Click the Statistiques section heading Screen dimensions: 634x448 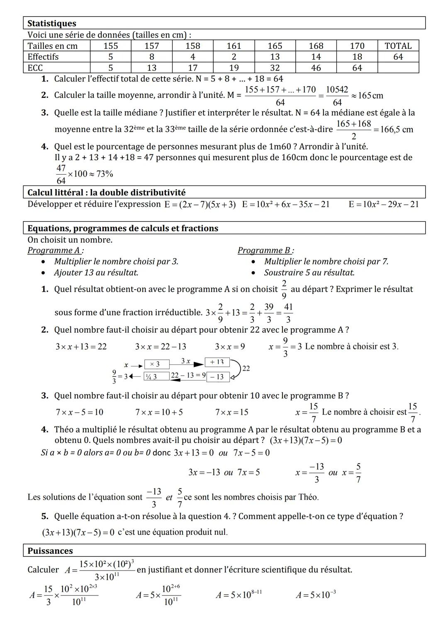click(x=52, y=24)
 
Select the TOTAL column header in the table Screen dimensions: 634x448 click(x=398, y=46)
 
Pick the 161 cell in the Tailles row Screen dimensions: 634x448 click(x=234, y=46)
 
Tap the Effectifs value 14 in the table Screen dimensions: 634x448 click(x=316, y=57)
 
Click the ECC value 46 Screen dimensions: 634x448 click(x=316, y=68)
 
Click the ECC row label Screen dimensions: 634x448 click(x=35, y=68)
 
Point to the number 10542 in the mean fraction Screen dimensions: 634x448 click(x=337, y=90)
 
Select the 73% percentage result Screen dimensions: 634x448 click(x=105, y=174)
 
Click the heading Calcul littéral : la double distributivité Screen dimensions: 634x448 click(x=107, y=193)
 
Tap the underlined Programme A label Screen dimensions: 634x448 click(x=55, y=250)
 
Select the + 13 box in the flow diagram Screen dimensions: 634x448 click(x=217, y=362)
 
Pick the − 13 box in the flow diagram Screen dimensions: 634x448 click(x=217, y=377)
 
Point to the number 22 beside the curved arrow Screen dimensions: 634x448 click(x=246, y=368)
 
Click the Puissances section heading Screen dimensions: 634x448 click(x=50, y=551)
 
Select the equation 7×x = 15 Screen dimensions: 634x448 click(x=231, y=412)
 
